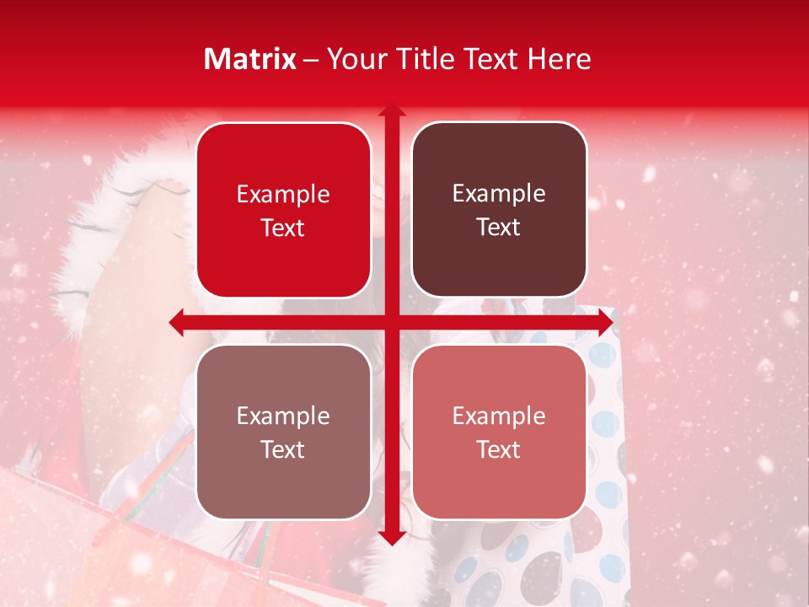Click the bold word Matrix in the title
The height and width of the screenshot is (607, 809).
tap(250, 59)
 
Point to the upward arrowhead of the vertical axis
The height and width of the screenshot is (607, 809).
tap(391, 110)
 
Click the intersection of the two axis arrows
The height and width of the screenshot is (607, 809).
tap(391, 322)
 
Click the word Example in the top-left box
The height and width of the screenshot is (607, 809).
tap(283, 195)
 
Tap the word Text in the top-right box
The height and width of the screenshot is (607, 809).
tap(499, 228)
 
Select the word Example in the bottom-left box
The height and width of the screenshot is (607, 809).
tap(283, 416)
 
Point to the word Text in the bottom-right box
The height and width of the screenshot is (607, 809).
tap(499, 450)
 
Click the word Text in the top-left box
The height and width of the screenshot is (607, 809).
tap(283, 228)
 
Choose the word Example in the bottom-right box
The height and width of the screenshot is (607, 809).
tap(499, 416)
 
